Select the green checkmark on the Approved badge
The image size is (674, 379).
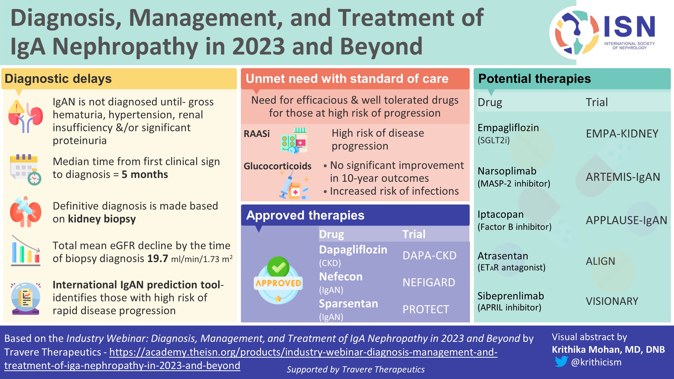(x=278, y=267)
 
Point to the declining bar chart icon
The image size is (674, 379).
(x=26, y=251)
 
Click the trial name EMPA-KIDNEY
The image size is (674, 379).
(x=622, y=134)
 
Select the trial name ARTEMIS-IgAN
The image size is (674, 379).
(x=623, y=177)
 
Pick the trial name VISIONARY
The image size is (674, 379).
(x=612, y=301)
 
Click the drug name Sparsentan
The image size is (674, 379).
(x=348, y=303)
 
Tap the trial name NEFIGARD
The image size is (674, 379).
(x=429, y=282)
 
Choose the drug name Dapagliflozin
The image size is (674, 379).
(x=353, y=250)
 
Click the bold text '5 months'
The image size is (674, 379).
(x=145, y=174)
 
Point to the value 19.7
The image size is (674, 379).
(x=157, y=258)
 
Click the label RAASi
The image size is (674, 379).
(x=257, y=134)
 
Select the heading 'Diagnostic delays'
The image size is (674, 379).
(x=58, y=79)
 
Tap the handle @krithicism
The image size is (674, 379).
(x=596, y=362)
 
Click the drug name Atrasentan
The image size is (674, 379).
(x=503, y=256)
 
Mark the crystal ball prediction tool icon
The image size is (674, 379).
(x=26, y=298)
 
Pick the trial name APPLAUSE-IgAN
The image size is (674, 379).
(x=626, y=220)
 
